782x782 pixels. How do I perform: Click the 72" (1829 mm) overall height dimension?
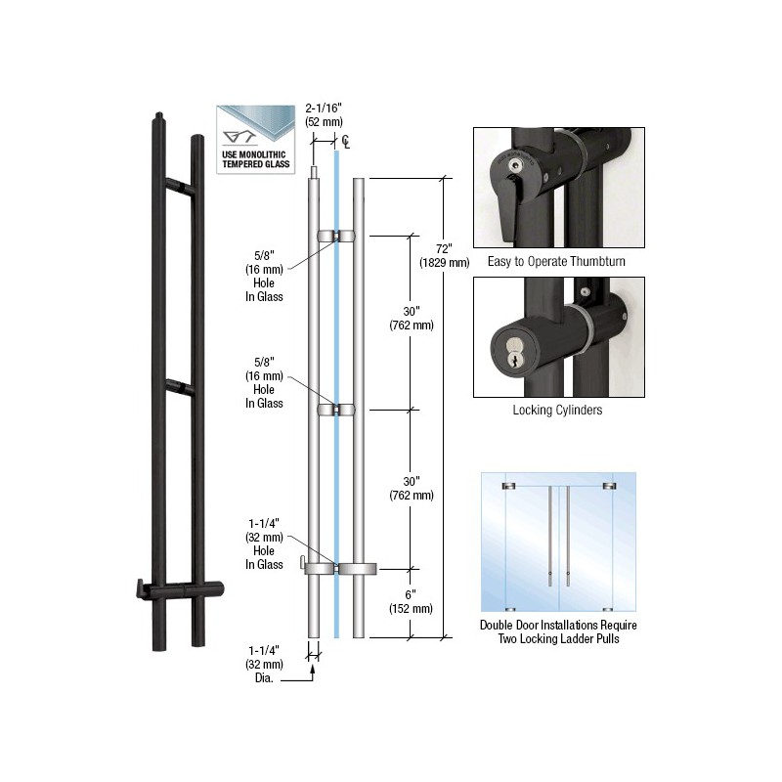[444, 255]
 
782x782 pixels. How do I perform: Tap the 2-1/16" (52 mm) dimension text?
[325, 114]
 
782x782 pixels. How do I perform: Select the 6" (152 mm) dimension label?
[411, 601]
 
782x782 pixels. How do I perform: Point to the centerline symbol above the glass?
[346, 142]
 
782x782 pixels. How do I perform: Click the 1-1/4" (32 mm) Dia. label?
[264, 665]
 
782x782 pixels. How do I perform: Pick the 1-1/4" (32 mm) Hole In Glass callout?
[264, 544]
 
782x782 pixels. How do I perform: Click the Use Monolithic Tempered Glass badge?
[256, 140]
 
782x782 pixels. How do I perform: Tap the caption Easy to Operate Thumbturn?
[556, 261]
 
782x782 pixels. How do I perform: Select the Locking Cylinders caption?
[557, 410]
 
